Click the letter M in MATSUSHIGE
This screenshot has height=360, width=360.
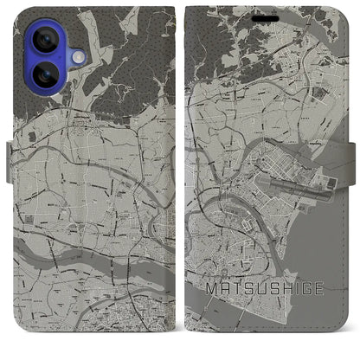211,306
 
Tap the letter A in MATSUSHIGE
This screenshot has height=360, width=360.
226,306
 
